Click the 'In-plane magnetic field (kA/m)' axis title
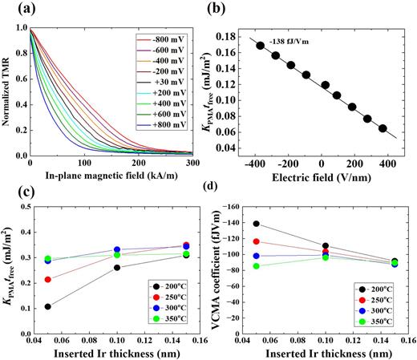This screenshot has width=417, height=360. (x=111, y=176)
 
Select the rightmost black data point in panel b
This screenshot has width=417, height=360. (x=383, y=128)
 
